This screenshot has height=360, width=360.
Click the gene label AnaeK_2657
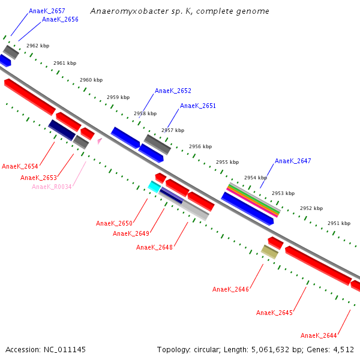47,11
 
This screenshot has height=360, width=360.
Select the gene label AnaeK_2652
173,91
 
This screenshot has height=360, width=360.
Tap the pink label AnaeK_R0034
52,187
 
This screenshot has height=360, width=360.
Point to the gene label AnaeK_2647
293,161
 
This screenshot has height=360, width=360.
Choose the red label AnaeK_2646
230,289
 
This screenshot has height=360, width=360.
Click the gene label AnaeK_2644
319,335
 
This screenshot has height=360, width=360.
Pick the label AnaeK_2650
114,223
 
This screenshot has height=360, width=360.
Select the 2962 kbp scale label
38,46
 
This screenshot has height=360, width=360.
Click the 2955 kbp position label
227,162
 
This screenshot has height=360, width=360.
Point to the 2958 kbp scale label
145,113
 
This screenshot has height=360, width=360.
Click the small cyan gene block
154,187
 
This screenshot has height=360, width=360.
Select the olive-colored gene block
269,252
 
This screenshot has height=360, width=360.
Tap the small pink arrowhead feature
100,141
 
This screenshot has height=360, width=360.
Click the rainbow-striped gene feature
253,199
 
